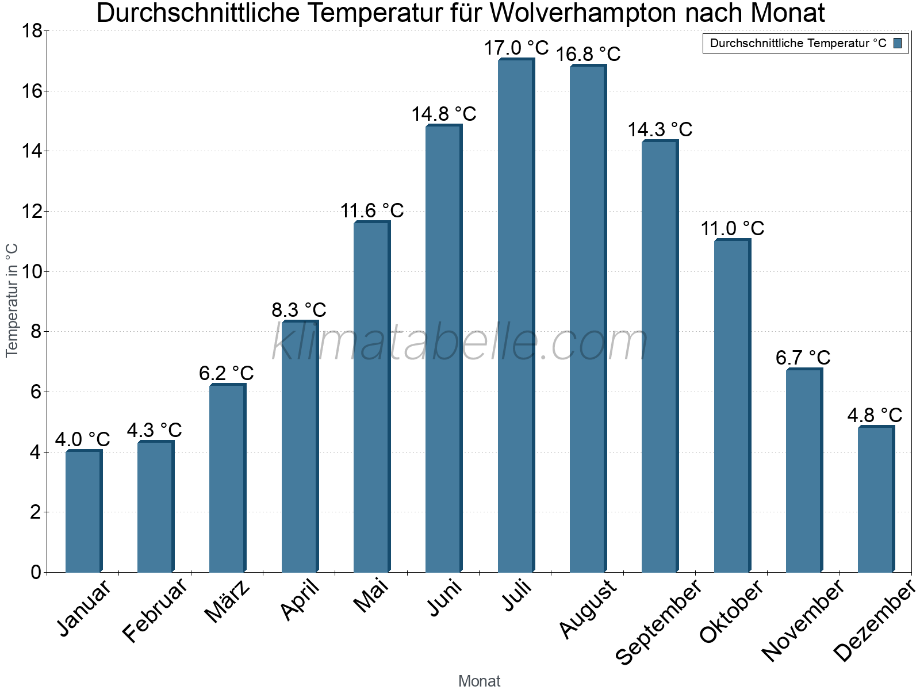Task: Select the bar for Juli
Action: (516, 316)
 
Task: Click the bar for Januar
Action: (83, 511)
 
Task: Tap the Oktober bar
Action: (732, 406)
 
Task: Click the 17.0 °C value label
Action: (516, 48)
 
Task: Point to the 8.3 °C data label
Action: (299, 310)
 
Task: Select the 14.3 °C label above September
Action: (660, 130)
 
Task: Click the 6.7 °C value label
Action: (803, 358)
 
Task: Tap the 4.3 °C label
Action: (154, 430)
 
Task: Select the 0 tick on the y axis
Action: (36, 572)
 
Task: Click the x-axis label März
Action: (228, 601)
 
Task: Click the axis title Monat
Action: (479, 681)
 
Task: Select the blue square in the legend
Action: (898, 43)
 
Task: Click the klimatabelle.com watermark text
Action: (460, 343)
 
